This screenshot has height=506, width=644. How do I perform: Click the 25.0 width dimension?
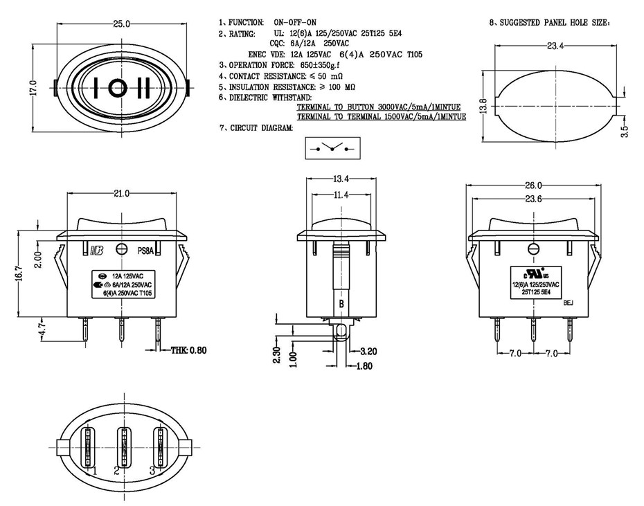[123, 24]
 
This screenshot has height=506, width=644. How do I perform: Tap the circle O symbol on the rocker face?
[118, 88]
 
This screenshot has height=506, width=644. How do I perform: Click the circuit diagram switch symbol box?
[333, 148]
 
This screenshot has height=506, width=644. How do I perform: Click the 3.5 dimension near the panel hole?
[625, 132]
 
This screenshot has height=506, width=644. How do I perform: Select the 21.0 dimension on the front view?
[122, 193]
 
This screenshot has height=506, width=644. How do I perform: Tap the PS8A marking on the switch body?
[145, 251]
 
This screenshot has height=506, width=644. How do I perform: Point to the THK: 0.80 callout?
[188, 350]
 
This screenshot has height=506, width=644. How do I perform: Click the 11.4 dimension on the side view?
[341, 195]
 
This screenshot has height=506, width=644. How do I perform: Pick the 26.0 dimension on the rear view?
[533, 186]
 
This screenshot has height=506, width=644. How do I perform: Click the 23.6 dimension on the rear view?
[533, 199]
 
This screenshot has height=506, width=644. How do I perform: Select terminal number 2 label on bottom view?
[117, 470]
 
